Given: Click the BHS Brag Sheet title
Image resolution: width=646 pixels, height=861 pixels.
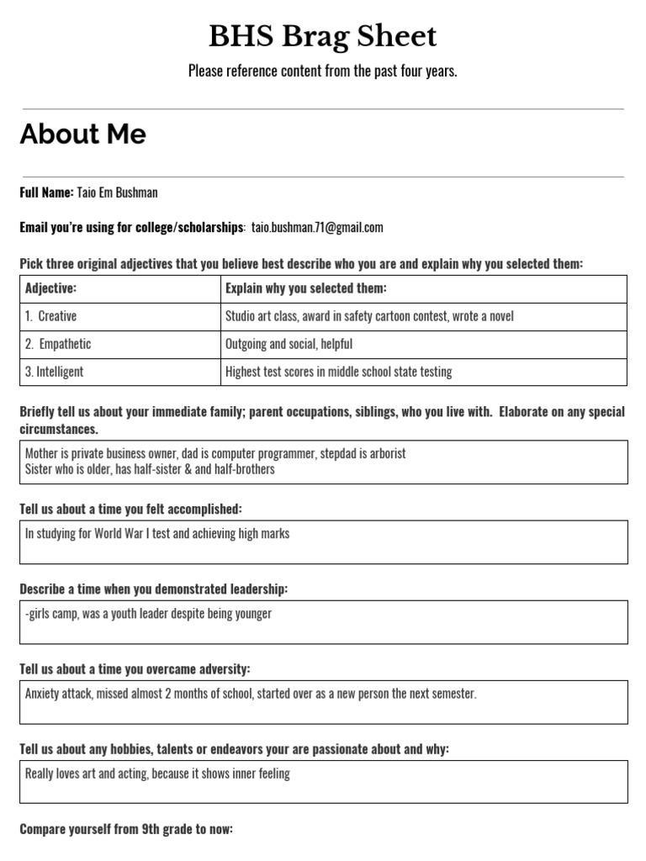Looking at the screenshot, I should [x=323, y=36].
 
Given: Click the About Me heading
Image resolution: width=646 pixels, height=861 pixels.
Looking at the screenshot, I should [x=83, y=135].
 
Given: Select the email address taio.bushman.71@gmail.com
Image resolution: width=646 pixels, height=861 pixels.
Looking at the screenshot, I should [x=317, y=227].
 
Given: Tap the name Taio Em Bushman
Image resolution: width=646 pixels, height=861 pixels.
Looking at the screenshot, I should [x=117, y=193].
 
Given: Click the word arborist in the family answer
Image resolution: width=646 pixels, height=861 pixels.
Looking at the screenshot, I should [x=386, y=453].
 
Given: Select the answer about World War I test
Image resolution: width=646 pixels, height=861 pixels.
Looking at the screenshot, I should [x=157, y=534].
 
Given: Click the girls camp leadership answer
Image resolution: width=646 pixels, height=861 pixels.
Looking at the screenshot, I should [x=149, y=614].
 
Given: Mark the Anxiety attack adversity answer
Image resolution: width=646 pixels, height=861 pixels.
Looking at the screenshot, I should [x=251, y=694].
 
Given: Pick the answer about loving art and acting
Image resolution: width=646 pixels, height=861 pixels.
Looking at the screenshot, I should [x=157, y=774].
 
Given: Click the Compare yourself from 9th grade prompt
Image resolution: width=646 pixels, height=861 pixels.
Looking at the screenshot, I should [x=126, y=829].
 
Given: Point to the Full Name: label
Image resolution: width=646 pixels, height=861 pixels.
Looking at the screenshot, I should [x=47, y=193].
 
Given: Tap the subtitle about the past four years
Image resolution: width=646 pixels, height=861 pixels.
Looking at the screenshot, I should [x=323, y=71].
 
